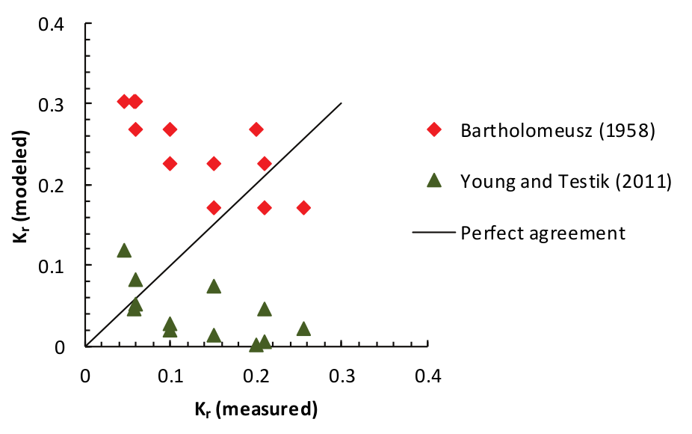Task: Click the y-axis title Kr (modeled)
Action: pos(24,185)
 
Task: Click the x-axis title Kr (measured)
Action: pos(256,409)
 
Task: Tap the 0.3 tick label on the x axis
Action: pos(342,373)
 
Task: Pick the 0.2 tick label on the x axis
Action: pos(256,373)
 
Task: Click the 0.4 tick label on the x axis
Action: pos(427,373)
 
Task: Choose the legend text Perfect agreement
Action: pos(543,232)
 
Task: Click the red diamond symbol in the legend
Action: pos(433,130)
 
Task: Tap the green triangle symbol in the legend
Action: pos(433,180)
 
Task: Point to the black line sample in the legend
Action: pos(433,233)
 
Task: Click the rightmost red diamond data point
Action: pos(303,207)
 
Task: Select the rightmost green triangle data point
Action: pos(303,329)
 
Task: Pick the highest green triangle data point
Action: pos(124,250)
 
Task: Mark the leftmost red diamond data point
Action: pos(124,101)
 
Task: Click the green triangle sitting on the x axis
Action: pos(256,344)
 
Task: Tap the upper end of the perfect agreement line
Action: pos(342,103)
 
